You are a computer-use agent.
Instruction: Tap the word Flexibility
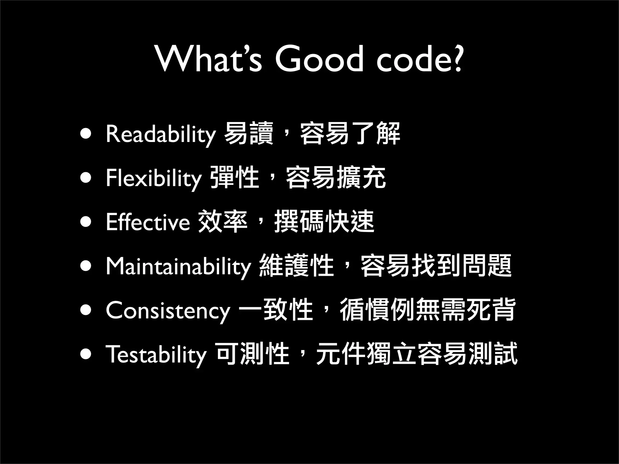(x=154, y=178)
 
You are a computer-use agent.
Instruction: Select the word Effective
(x=148, y=222)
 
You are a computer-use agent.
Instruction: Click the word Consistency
(x=168, y=311)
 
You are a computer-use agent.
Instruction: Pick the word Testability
(x=156, y=354)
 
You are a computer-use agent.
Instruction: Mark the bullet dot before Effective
(x=86, y=222)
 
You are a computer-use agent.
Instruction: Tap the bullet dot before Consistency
(x=86, y=310)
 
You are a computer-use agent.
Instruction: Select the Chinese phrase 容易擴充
(x=335, y=178)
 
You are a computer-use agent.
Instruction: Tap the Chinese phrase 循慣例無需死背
(x=427, y=310)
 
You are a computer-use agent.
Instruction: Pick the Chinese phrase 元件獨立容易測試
(x=416, y=354)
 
